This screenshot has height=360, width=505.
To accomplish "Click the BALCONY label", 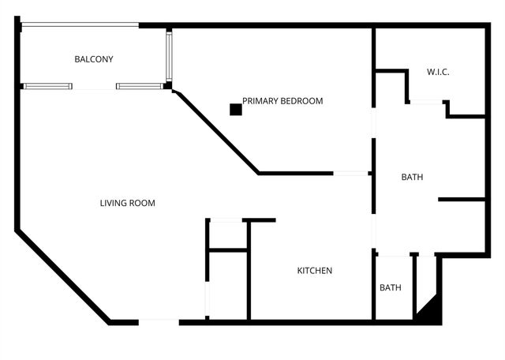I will (x=94, y=59).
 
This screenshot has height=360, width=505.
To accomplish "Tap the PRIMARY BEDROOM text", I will (x=282, y=101).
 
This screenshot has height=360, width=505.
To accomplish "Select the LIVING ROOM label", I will (x=127, y=203).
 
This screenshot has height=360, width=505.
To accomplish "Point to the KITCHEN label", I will (x=314, y=271).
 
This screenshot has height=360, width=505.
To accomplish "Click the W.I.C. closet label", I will (x=438, y=72).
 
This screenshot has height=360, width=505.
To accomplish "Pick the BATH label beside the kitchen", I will (x=390, y=287).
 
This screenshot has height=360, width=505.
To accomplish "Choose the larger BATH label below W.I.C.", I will (x=412, y=177).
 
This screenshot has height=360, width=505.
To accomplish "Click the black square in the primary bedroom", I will (x=235, y=110).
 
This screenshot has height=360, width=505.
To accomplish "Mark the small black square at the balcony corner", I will (x=167, y=85).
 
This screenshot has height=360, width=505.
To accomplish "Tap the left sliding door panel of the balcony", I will (x=47, y=86).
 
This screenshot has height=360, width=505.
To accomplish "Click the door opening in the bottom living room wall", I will (x=159, y=321).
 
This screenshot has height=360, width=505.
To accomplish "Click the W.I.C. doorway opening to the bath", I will (x=426, y=101).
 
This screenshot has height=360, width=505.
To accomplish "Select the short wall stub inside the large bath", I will (x=462, y=200).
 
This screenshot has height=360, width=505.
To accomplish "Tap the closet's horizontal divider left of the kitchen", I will (x=228, y=250).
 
